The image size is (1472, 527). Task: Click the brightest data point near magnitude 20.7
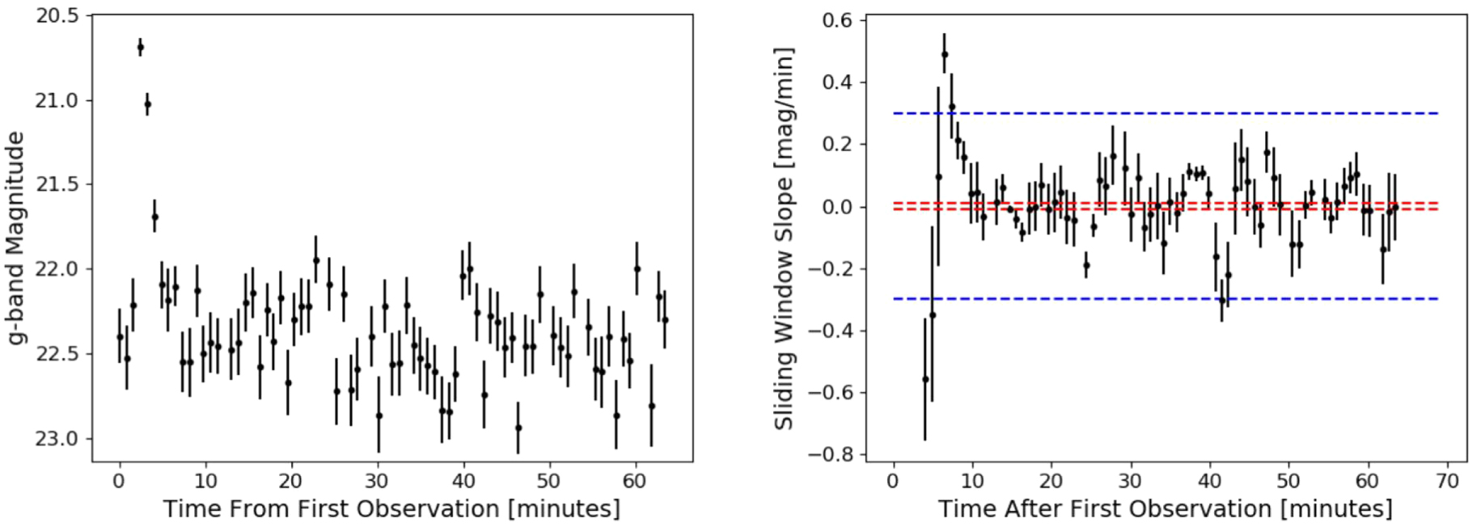pos(140,48)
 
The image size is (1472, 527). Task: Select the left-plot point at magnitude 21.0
pos(147,104)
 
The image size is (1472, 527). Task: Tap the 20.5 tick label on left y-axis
pos(58,16)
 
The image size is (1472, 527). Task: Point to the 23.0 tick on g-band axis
pos(58,438)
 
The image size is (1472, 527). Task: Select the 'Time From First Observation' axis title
pos(391,508)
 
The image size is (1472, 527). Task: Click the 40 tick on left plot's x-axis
pos(463,482)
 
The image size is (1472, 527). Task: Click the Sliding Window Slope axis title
pos(783,238)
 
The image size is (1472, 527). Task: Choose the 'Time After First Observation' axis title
pos(1165,508)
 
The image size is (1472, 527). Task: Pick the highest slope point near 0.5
pos(945,55)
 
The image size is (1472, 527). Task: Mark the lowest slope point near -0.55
pos(925,379)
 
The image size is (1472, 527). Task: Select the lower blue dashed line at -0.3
pos(1132,299)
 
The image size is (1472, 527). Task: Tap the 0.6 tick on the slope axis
pos(838,19)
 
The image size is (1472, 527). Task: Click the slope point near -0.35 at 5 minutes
pos(933,315)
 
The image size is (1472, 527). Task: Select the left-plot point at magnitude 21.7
pos(154,217)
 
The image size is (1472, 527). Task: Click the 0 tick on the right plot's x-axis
pos(893,482)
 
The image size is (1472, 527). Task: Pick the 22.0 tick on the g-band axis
pos(58,269)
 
